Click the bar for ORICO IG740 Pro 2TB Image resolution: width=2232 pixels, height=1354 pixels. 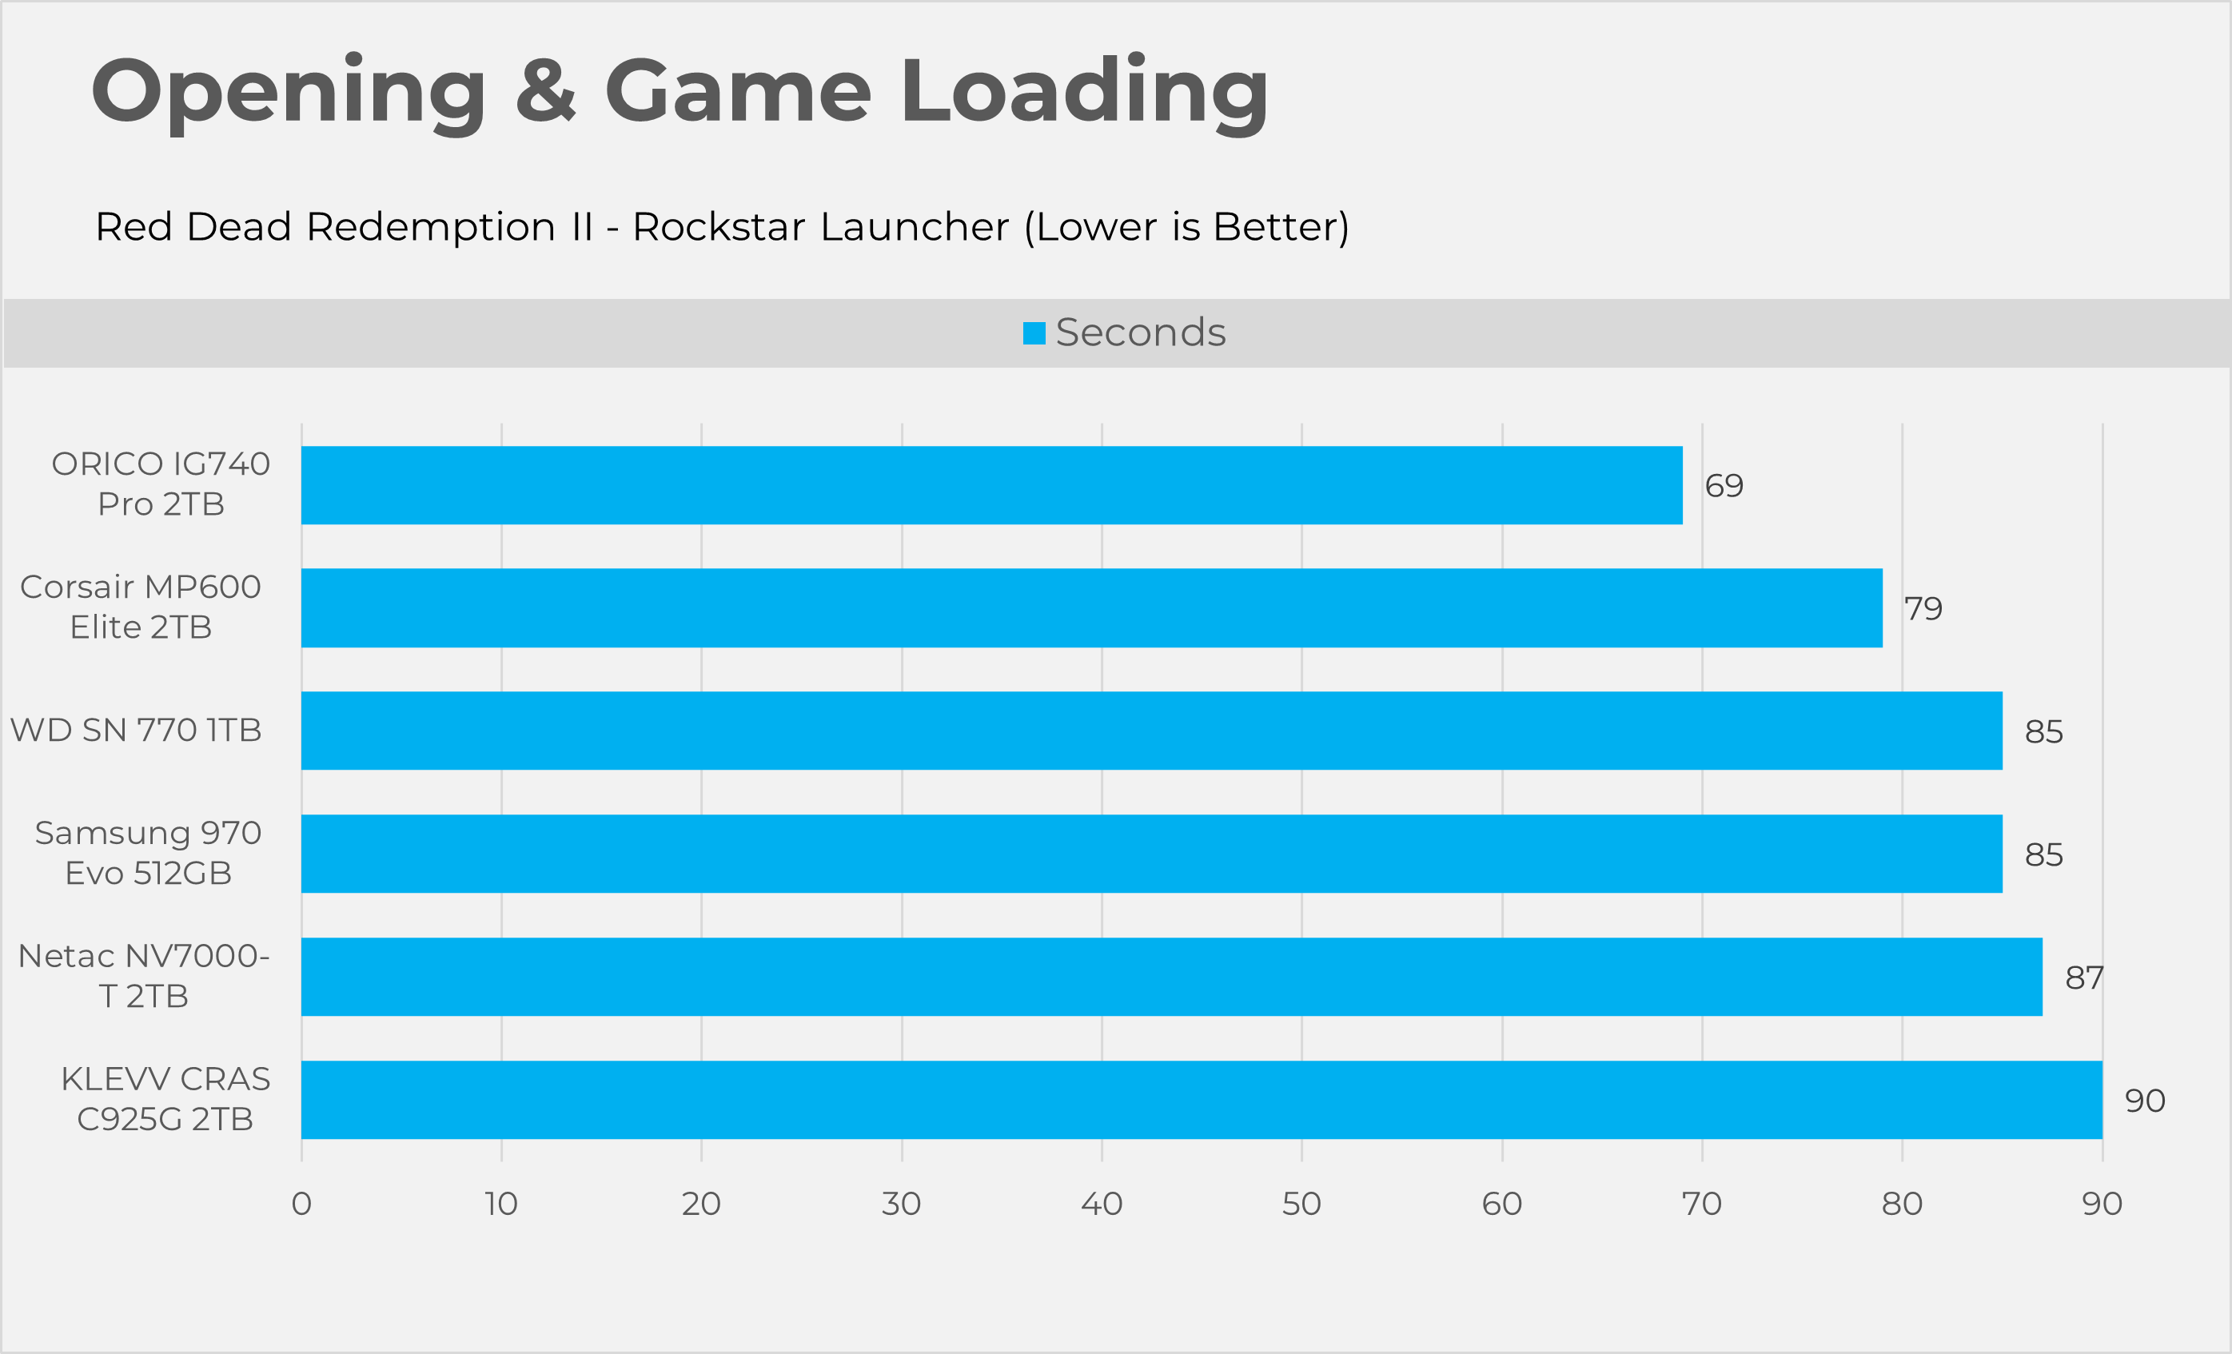991,484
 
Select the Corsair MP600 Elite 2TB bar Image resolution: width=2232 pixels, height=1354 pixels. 1091,607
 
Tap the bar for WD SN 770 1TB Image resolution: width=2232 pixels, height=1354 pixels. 1151,731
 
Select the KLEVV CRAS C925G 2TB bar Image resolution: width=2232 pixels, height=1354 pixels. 1202,1100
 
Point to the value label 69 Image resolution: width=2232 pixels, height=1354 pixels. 1724,486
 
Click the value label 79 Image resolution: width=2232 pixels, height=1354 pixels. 1923,608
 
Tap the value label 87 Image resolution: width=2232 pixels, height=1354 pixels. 2083,978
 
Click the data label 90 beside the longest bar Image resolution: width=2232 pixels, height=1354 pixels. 2145,1101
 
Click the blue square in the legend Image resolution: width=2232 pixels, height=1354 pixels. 1034,333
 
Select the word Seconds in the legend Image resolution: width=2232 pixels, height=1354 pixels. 1141,333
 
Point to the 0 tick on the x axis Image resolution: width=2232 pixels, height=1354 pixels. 301,1204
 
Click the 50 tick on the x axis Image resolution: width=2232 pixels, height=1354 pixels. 1301,1204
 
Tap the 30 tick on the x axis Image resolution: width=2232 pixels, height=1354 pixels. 901,1204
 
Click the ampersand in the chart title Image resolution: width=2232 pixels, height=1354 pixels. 545,90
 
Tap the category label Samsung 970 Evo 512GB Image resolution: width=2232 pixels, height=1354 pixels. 149,852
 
